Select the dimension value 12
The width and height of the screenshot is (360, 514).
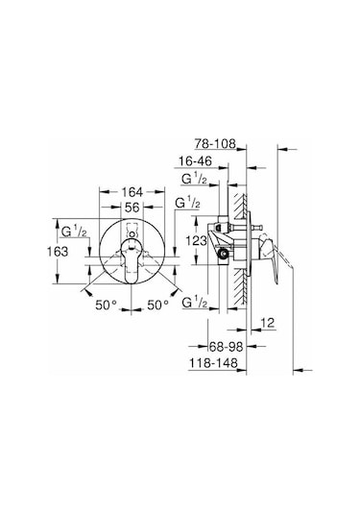(x=269, y=325)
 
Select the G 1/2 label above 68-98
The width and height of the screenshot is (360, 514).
(x=198, y=305)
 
